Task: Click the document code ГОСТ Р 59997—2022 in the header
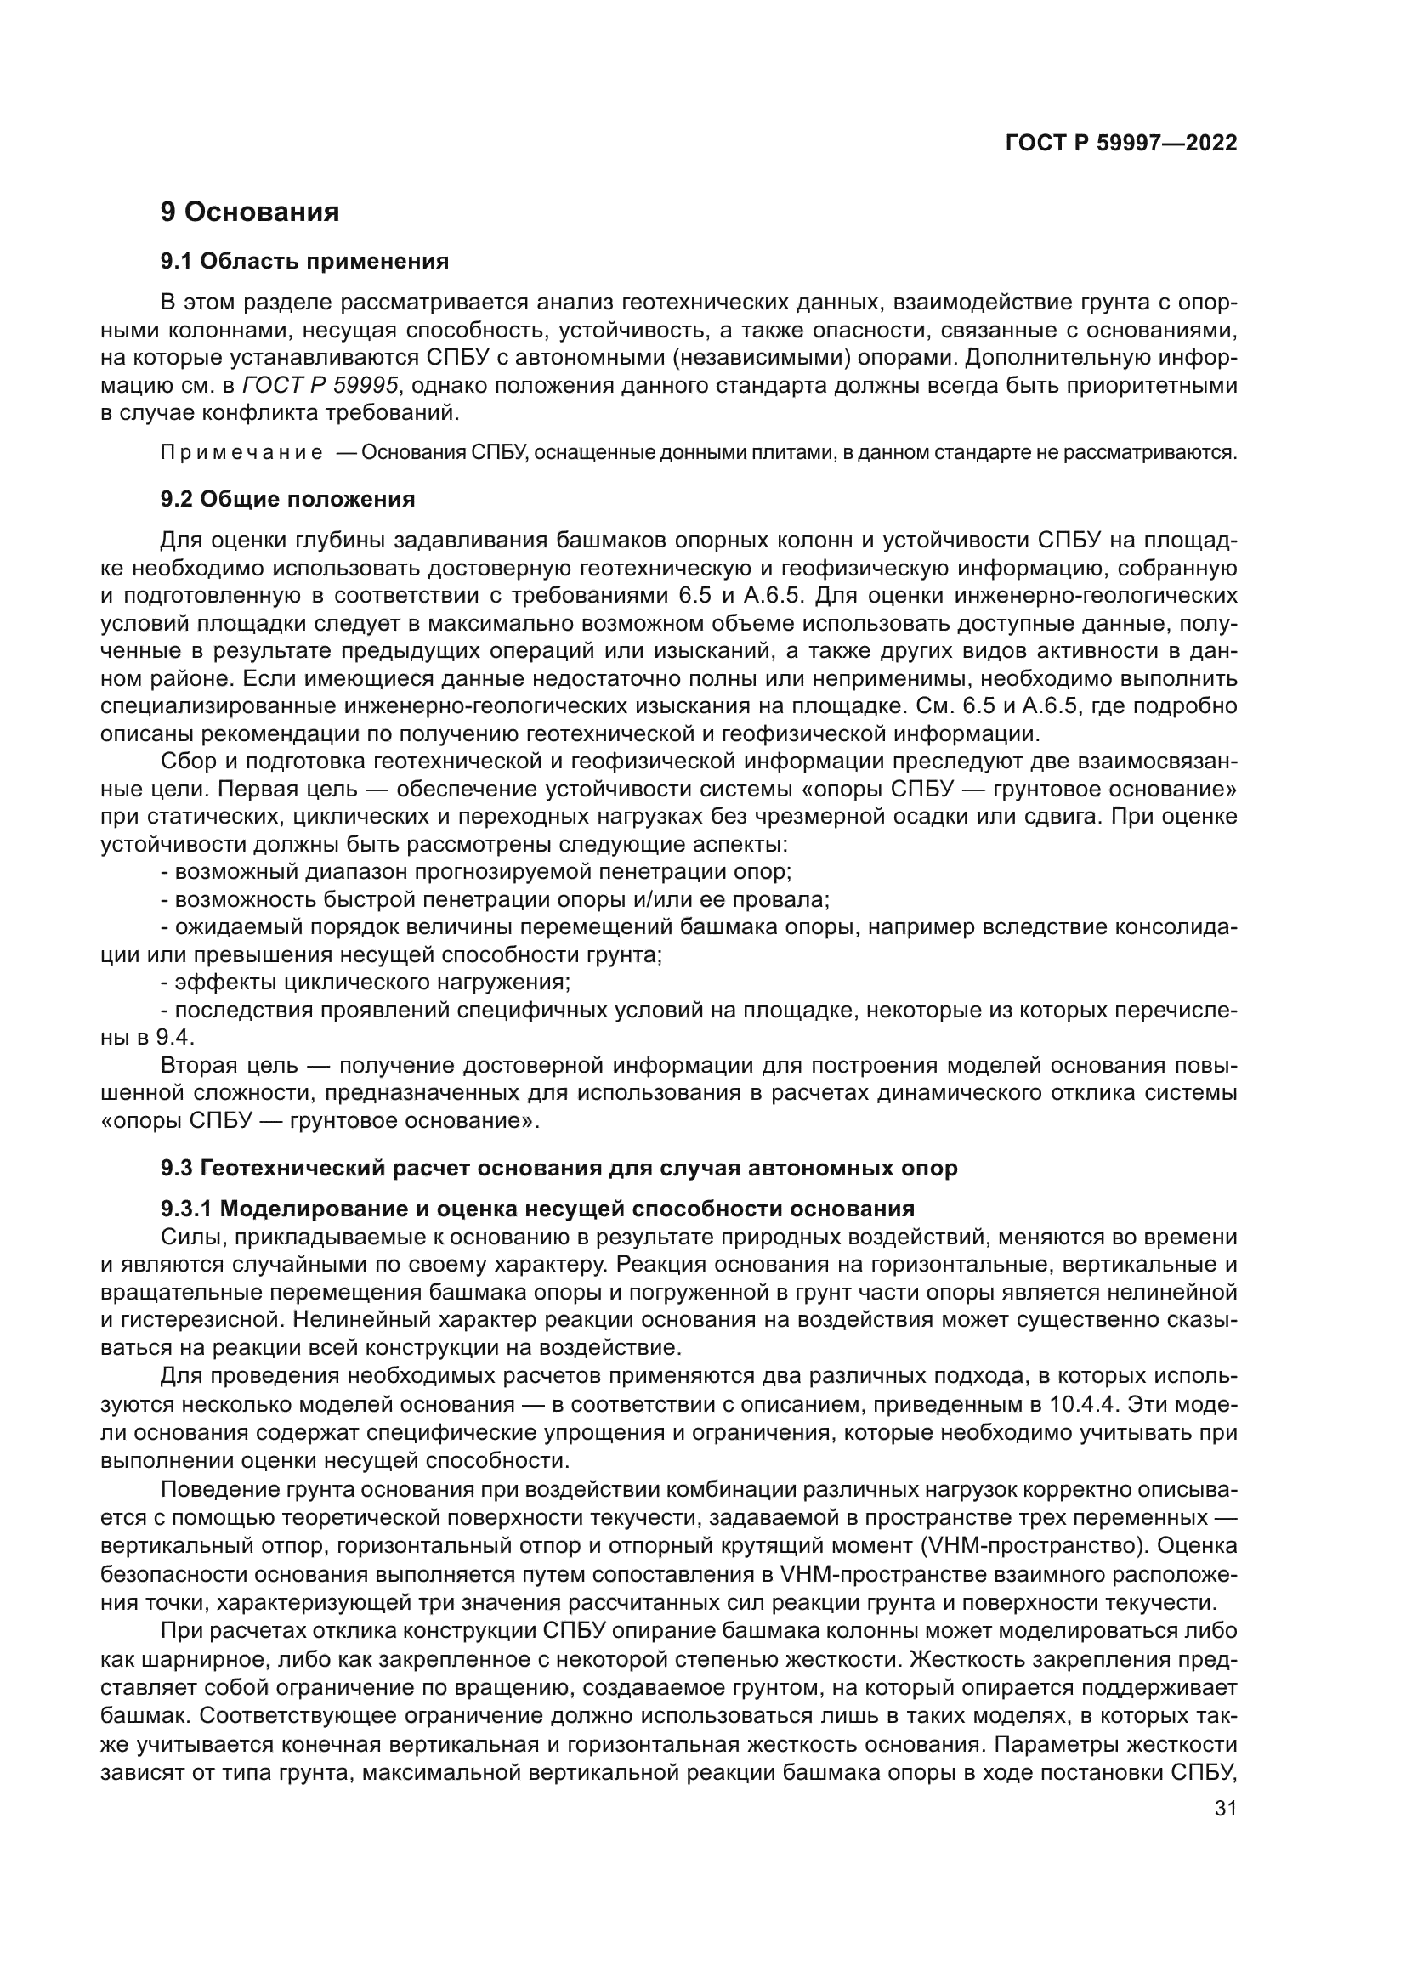click(1120, 143)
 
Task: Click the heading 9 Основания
click(249, 212)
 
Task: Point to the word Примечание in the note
click(241, 453)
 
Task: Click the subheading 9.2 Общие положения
click(287, 499)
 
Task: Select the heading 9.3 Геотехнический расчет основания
click(558, 1168)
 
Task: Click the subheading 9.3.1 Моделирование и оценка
click(536, 1209)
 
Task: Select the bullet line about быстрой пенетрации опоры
click(495, 898)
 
